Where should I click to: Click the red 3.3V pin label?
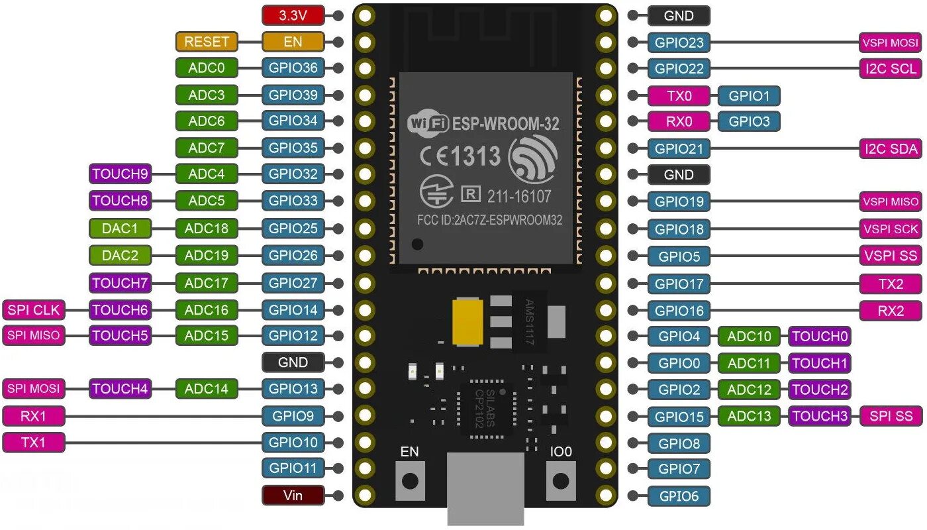pyautogui.click(x=293, y=15)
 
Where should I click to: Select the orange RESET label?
pyautogui.click(x=206, y=42)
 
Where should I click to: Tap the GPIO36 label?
pyautogui.click(x=293, y=68)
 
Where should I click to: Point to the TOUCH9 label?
pyautogui.click(x=120, y=174)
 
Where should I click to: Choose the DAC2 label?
pyautogui.click(x=120, y=255)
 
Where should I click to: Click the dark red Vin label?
pyautogui.click(x=293, y=495)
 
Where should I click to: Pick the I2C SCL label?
pyautogui.click(x=891, y=68)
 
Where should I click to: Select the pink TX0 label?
pyautogui.click(x=679, y=95)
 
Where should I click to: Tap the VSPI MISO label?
pyautogui.click(x=891, y=201)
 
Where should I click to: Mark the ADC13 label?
pyautogui.click(x=750, y=416)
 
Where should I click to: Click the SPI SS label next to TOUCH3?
pyautogui.click(x=891, y=416)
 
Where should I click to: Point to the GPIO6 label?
pyautogui.click(x=679, y=496)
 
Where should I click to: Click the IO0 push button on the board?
pyautogui.click(x=561, y=480)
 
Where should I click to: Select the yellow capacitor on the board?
pyautogui.click(x=467, y=321)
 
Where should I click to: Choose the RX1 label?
pyautogui.click(x=34, y=416)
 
